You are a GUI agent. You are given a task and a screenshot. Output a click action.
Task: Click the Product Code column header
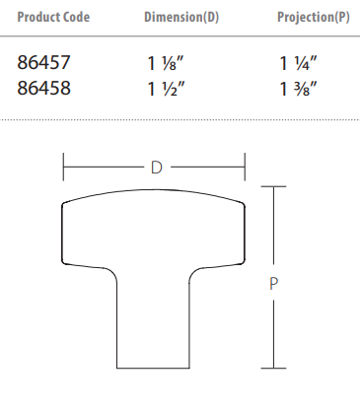point(53,17)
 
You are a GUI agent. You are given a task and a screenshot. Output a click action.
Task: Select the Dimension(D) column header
point(181,17)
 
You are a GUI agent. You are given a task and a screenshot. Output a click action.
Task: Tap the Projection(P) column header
point(314,17)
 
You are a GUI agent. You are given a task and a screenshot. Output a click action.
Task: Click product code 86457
point(43,62)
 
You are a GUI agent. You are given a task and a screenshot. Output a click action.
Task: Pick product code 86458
point(43,88)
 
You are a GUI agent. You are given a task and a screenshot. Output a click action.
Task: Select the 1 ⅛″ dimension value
point(166,63)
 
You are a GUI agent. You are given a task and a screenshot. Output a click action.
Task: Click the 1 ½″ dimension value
point(166,89)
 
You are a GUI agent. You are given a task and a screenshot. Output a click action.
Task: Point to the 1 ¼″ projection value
point(298,63)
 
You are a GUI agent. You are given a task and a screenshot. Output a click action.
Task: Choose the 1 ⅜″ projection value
point(298,89)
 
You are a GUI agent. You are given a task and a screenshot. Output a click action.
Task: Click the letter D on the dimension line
point(157,168)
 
